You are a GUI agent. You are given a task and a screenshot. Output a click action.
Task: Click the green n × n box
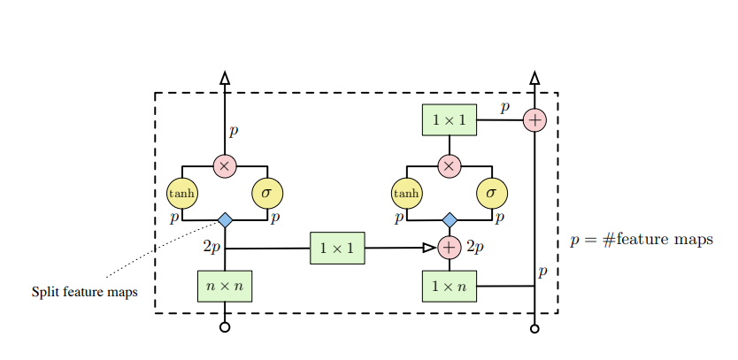click(225, 287)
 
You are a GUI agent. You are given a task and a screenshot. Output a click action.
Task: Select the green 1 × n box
click(450, 287)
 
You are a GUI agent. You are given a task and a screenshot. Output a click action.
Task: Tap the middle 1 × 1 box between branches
click(337, 249)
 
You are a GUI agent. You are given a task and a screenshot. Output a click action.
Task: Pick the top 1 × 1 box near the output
click(450, 119)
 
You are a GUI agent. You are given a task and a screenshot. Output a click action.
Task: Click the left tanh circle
click(182, 192)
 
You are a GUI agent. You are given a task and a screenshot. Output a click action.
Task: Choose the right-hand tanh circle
click(407, 192)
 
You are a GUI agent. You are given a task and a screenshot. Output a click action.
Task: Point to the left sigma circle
click(267, 192)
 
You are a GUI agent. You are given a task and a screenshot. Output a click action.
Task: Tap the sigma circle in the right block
click(492, 192)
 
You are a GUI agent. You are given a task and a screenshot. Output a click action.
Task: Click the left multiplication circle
click(225, 165)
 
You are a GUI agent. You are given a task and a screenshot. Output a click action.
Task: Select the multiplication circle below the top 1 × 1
click(450, 165)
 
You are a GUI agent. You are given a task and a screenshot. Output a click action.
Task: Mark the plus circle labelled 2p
click(450, 248)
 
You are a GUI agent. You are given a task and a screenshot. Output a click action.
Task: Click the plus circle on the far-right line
click(534, 119)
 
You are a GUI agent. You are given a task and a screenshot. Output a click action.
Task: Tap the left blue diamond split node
click(225, 219)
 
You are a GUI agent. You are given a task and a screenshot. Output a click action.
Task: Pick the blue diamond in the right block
click(450, 219)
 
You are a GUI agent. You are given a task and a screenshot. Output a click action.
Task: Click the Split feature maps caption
click(85, 292)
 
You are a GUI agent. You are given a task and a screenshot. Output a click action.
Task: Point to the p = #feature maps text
click(642, 240)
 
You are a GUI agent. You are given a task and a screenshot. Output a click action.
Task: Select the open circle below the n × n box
click(225, 327)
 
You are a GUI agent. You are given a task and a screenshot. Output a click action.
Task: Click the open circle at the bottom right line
click(534, 327)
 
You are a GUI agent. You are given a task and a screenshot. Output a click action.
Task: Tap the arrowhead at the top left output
click(225, 78)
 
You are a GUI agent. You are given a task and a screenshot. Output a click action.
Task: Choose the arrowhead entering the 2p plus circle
click(430, 248)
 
